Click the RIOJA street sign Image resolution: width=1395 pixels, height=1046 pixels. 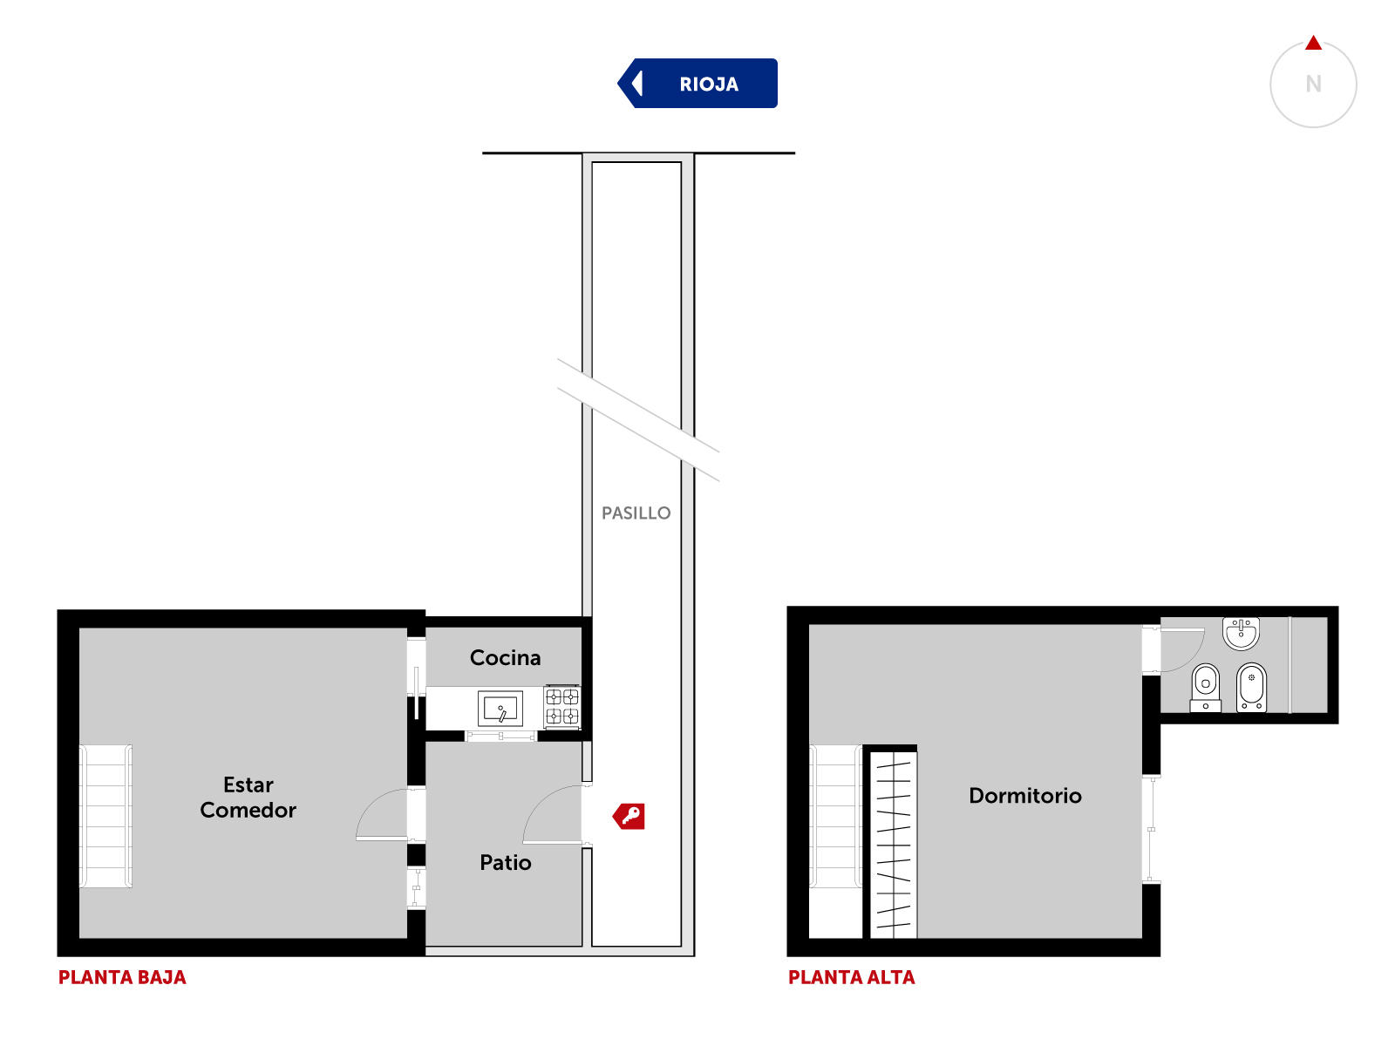[697, 83]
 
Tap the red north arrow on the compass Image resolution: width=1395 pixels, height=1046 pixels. [1313, 44]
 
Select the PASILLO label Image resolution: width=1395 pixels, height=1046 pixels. [636, 513]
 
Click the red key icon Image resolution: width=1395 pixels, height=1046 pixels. [629, 816]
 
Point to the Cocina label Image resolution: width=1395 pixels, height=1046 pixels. [505, 658]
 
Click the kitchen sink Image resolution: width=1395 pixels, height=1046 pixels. [500, 708]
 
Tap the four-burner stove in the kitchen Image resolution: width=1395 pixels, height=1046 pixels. [561, 706]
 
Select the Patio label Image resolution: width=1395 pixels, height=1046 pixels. [505, 862]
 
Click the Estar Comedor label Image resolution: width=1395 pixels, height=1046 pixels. [248, 797]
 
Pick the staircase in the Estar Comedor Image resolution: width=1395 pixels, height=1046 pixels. [105, 816]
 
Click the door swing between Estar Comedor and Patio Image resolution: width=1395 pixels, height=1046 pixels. [381, 815]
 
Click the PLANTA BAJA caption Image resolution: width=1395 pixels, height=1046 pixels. [122, 977]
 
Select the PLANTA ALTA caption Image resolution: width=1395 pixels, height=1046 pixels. [852, 977]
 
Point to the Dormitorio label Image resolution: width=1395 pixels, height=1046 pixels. [1025, 796]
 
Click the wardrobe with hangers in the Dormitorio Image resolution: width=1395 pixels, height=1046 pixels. [893, 844]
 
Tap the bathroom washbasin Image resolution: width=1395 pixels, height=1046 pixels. [1241, 633]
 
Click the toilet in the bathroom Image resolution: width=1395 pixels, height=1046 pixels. [1205, 688]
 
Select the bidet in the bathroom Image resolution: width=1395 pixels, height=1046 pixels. [1251, 688]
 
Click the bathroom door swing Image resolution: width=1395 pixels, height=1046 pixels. [1182, 650]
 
